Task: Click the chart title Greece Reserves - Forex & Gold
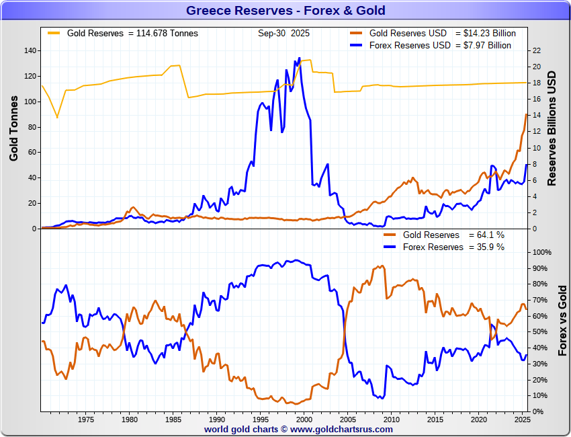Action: (285, 11)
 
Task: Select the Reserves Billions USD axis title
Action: (552, 128)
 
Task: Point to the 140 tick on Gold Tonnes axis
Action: (29, 51)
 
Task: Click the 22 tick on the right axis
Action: (536, 51)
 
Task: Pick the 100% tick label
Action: (541, 253)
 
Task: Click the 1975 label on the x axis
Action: (85, 420)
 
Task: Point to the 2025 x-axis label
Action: (521, 420)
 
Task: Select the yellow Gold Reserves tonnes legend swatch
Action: (53, 32)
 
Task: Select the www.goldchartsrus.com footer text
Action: (341, 429)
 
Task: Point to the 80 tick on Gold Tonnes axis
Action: (32, 127)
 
